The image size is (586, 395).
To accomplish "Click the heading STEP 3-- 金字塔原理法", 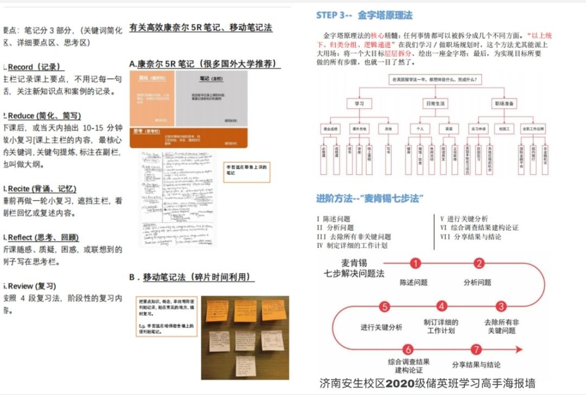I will point(364,15).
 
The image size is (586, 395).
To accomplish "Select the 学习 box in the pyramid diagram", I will point(359,103).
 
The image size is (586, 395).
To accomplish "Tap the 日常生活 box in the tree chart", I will point(434,103).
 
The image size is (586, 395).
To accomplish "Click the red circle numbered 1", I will point(416,264).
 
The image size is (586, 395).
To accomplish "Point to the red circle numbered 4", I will point(442,307).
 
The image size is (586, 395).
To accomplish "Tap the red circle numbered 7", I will point(476,349).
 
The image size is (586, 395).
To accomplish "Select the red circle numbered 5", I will point(384,307).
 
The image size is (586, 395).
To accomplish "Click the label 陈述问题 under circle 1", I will point(413,282).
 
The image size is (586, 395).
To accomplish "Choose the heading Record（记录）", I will point(36,67).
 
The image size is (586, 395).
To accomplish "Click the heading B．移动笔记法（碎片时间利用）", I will point(192,277).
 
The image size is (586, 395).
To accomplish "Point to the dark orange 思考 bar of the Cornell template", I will point(188,137).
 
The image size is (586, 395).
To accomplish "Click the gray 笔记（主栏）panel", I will point(212,98).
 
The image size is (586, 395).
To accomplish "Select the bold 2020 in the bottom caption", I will point(401,383).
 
